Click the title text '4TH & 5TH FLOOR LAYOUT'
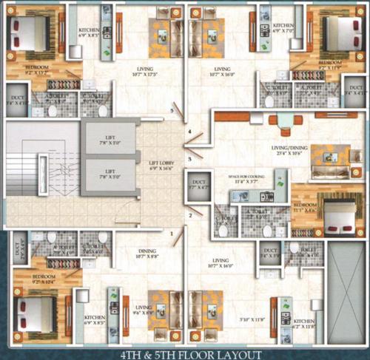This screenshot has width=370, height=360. coord(186,353)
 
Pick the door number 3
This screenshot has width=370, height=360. coord(189,158)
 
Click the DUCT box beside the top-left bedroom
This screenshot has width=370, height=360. coord(16,99)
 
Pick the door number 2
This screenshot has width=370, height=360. coord(189,215)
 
